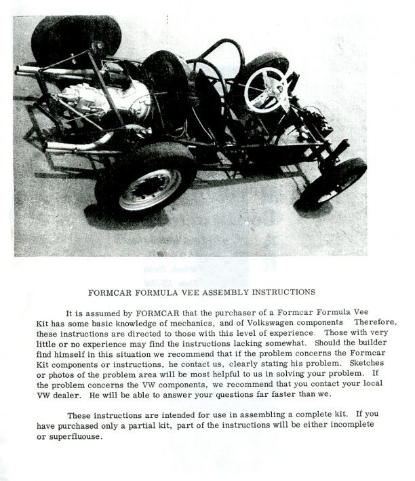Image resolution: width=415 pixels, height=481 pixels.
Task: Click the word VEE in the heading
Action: [190, 294]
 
